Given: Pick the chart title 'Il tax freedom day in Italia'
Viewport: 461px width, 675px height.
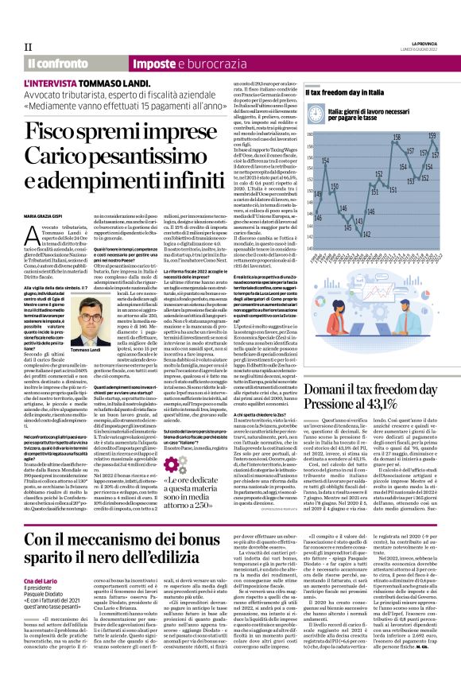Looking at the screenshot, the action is (x=347, y=93).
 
